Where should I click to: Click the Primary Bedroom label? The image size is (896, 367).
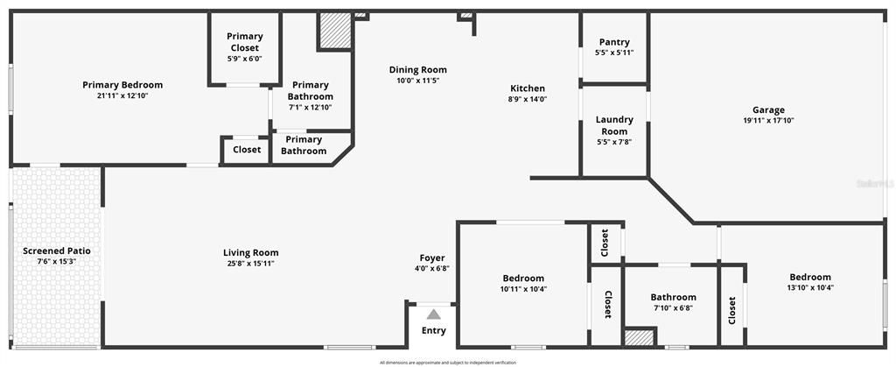122,85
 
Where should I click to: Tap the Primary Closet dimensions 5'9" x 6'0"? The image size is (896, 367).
245,59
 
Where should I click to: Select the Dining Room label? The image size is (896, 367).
417,70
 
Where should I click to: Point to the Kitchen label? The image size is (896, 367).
528,88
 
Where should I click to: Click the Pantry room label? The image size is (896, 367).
614,42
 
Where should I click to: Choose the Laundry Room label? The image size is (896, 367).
614,125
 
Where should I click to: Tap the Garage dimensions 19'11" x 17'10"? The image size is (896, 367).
768,120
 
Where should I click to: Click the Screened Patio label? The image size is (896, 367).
57,251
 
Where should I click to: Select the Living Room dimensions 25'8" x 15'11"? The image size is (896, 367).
250,263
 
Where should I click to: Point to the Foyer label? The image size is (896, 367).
432,258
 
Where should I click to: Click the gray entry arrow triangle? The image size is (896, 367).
433,313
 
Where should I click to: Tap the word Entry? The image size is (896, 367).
433,330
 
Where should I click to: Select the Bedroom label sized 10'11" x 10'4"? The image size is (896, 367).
522,278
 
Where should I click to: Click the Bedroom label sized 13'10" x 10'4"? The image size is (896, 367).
809,277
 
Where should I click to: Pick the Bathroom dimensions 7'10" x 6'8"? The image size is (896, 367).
673,307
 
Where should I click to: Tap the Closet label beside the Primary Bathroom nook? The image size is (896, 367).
247,150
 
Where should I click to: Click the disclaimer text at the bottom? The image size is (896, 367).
447,362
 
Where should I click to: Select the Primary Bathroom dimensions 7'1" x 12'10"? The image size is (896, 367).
311,108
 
